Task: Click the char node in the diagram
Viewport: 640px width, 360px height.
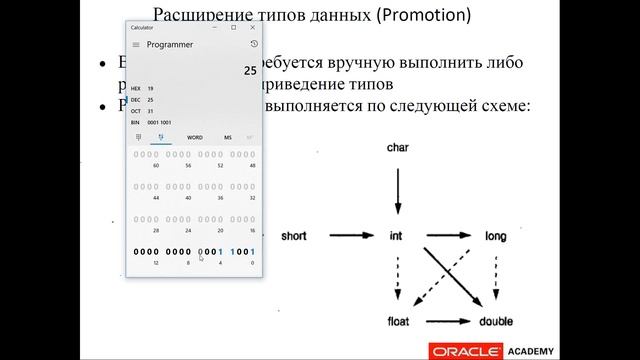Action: [x=399, y=148]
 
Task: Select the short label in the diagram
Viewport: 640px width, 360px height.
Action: [x=295, y=237]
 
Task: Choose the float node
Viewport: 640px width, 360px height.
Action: [x=399, y=323]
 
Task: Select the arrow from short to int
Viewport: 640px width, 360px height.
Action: [x=345, y=237]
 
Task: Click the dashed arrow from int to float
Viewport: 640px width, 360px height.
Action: [x=399, y=280]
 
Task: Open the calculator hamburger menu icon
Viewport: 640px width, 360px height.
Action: [x=136, y=44]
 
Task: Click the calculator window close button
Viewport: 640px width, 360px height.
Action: [x=253, y=28]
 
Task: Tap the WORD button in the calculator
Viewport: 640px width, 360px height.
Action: [x=194, y=137]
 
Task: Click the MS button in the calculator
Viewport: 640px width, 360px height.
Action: [x=227, y=137]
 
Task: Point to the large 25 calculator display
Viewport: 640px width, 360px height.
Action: [x=250, y=71]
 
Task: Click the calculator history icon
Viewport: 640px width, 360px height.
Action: [x=253, y=44]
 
